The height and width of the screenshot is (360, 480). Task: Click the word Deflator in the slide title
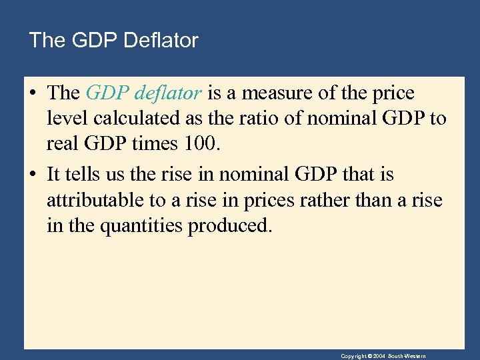[x=163, y=41]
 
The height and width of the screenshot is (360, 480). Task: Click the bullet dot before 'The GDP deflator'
[x=33, y=94]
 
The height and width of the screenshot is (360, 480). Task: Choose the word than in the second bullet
[x=381, y=201]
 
